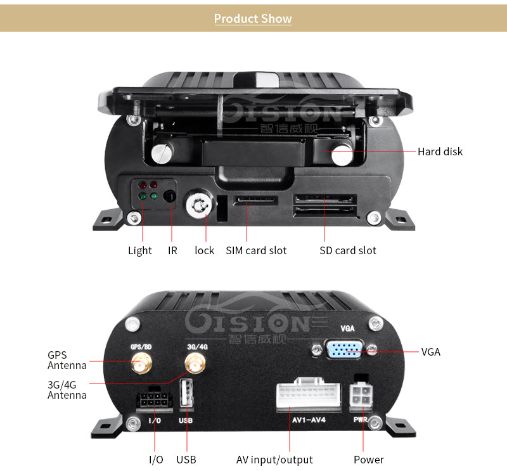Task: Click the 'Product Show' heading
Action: point(253,18)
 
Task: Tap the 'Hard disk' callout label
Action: point(440,152)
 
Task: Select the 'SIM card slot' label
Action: point(256,250)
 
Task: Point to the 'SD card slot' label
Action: point(348,250)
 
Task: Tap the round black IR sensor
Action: point(170,197)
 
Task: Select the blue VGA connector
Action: point(344,349)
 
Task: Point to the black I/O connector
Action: point(154,401)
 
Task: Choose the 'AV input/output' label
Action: point(274,460)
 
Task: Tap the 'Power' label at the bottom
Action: point(369,460)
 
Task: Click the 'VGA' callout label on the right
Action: point(431,352)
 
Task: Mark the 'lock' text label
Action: point(205,250)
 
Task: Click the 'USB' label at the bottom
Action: point(186,460)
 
